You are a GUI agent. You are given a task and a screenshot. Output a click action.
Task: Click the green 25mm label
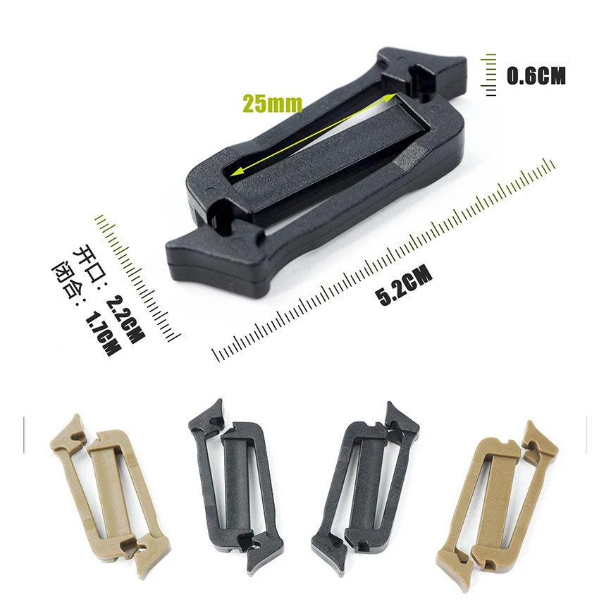tap(273, 104)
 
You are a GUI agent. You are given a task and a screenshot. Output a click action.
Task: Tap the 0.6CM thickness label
tap(536, 75)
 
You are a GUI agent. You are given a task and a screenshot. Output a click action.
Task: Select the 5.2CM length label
tap(404, 285)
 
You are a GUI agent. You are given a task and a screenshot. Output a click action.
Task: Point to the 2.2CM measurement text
tap(125, 319)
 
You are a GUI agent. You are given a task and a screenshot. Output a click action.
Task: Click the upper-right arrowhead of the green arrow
tap(391, 97)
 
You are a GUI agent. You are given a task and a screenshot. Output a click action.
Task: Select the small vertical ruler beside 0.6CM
tap(489, 75)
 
